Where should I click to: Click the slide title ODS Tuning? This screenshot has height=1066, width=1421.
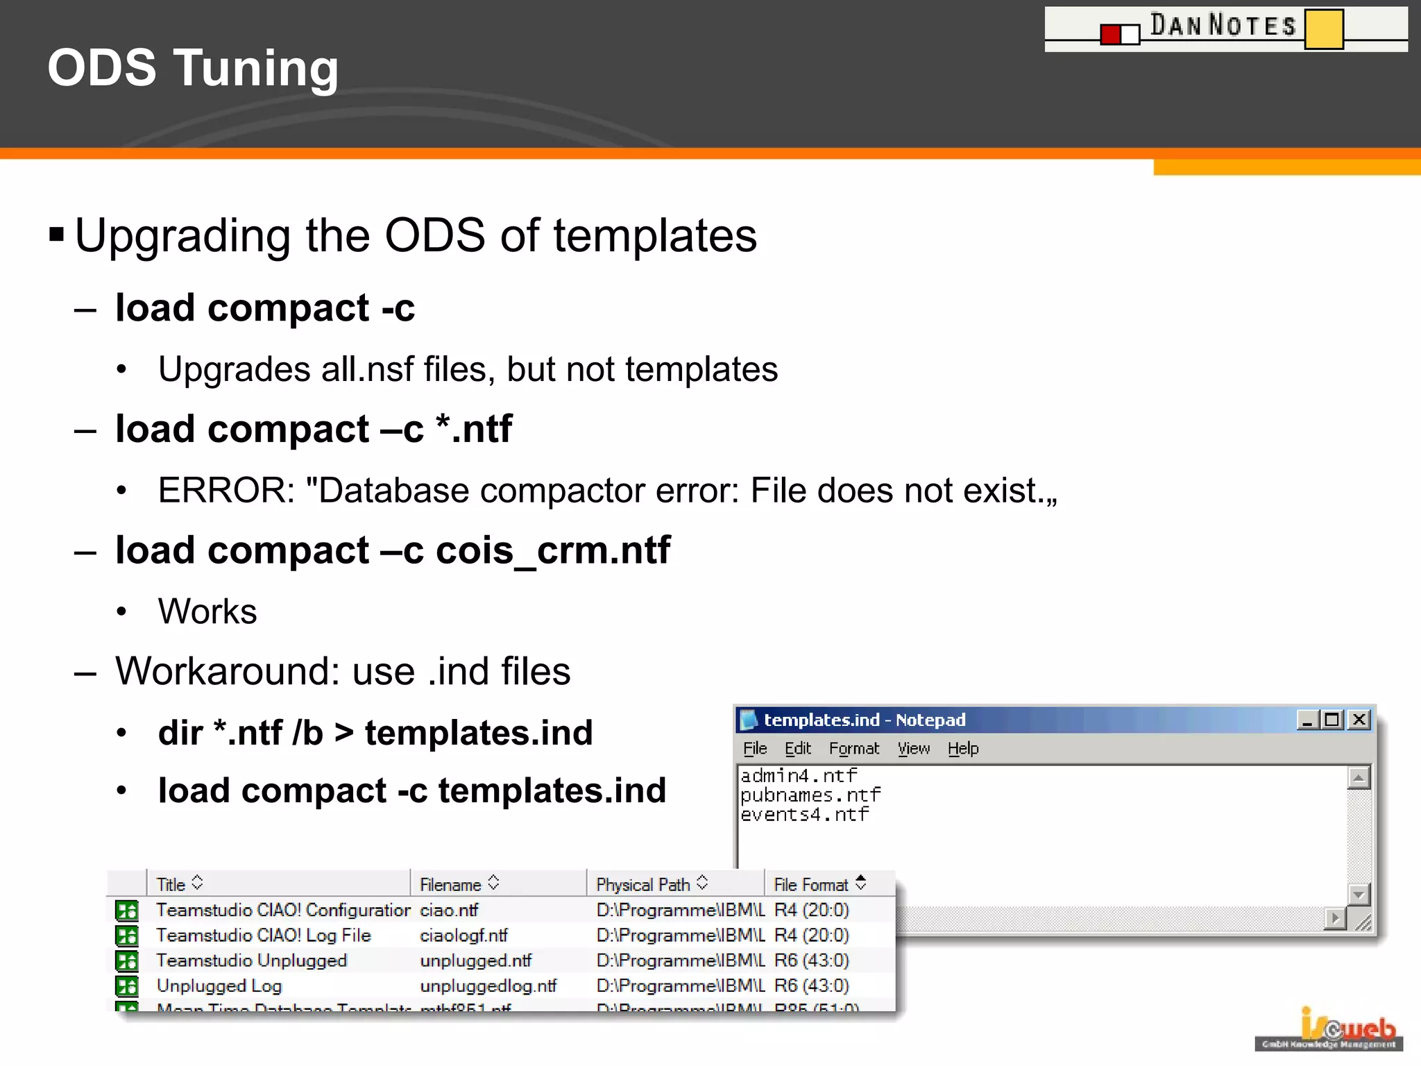193,68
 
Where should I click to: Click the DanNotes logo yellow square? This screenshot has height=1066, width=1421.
1324,29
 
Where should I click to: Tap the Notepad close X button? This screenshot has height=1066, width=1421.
1359,720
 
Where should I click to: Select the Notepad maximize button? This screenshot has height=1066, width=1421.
1332,720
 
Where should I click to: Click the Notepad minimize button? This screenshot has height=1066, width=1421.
1307,720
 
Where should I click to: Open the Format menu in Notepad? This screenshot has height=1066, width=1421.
853,749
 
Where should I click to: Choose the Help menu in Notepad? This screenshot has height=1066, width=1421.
963,749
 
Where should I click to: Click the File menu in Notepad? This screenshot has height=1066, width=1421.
755,749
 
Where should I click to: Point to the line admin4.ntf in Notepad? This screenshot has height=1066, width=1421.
799,775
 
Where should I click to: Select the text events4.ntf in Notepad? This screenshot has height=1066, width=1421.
804,814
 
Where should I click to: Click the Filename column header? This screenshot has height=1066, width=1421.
451,885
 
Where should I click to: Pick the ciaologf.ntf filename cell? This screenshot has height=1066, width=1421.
463,936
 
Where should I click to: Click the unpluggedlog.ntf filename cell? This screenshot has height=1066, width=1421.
488,986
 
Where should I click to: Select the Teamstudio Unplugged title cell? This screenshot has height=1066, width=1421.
251,961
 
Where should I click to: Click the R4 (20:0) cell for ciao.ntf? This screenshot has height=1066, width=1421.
811,910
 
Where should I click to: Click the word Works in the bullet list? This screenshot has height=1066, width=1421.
207,611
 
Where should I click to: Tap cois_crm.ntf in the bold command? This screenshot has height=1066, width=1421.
553,550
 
